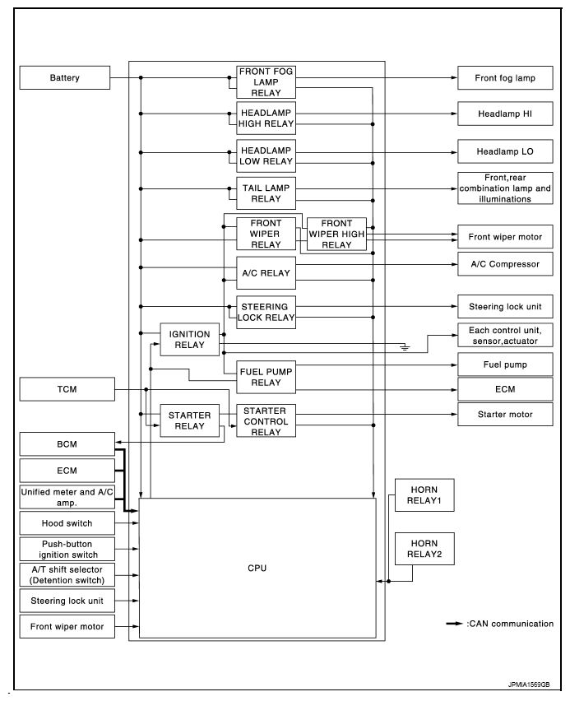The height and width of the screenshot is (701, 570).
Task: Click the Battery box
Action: (65, 78)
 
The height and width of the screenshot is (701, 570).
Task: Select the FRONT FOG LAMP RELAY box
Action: (266, 82)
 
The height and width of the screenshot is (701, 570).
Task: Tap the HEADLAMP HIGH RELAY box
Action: (266, 118)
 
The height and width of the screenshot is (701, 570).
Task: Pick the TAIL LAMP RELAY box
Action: (266, 193)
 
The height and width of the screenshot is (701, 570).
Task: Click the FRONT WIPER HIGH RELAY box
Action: (336, 234)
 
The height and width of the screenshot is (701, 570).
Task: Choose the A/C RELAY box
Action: (266, 273)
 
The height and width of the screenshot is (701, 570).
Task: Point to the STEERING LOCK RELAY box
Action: (266, 312)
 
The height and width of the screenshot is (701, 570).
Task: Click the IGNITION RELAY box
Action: (189, 339)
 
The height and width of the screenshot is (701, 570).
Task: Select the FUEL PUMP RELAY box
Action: (266, 377)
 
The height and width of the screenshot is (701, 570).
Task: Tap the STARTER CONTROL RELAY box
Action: (266, 421)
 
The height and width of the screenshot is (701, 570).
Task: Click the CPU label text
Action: (257, 569)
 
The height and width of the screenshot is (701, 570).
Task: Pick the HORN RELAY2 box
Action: (424, 549)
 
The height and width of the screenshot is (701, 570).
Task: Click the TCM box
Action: (67, 389)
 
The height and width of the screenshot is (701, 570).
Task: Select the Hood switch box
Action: (67, 523)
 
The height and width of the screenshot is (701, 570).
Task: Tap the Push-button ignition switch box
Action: (67, 549)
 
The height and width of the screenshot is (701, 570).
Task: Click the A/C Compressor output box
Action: (505, 264)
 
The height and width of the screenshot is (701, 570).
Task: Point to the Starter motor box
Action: (505, 415)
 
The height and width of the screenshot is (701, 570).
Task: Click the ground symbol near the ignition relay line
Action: (405, 347)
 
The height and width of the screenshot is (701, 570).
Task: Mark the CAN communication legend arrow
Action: (455, 624)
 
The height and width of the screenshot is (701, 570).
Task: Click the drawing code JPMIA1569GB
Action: (529, 685)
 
